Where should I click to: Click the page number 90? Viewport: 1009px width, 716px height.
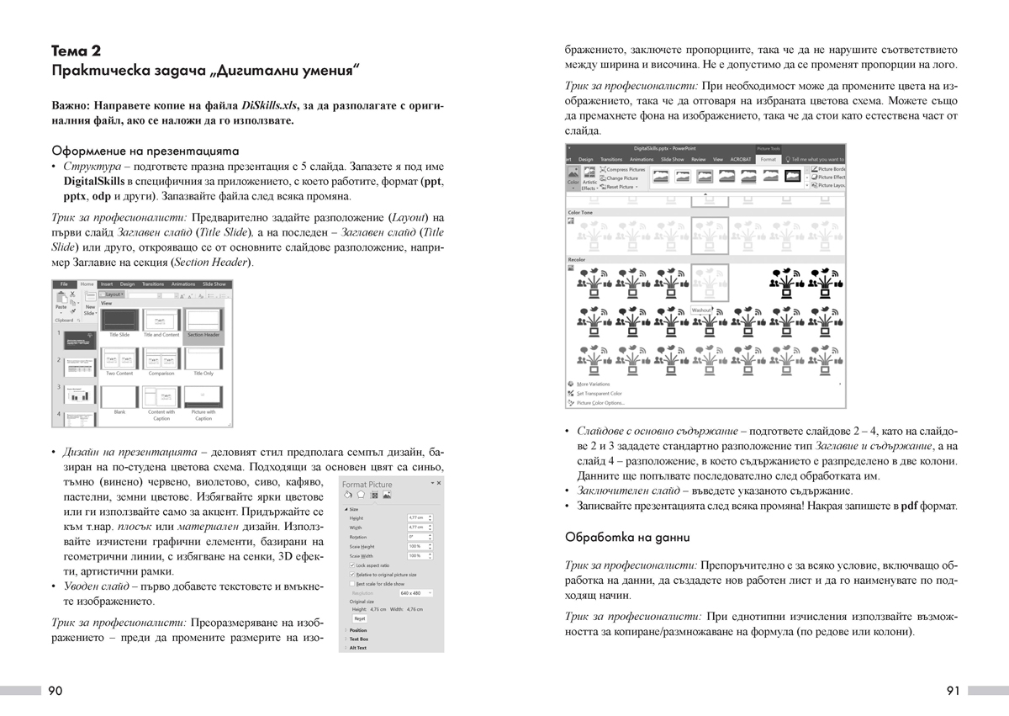(x=55, y=691)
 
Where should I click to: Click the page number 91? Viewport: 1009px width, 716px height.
(x=953, y=691)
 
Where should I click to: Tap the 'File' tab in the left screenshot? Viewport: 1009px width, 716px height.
(x=64, y=284)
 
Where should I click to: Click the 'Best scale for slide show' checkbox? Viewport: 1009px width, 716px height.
(x=351, y=583)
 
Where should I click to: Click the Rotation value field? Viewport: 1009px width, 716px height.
(x=418, y=536)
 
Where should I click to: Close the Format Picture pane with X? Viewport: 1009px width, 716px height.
(x=438, y=484)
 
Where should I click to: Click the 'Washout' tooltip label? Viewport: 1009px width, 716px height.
(x=701, y=310)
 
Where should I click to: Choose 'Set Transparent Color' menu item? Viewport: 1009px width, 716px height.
(x=599, y=393)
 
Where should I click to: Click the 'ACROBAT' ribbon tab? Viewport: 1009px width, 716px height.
(x=740, y=159)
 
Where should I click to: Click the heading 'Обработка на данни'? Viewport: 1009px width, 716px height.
(x=627, y=536)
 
